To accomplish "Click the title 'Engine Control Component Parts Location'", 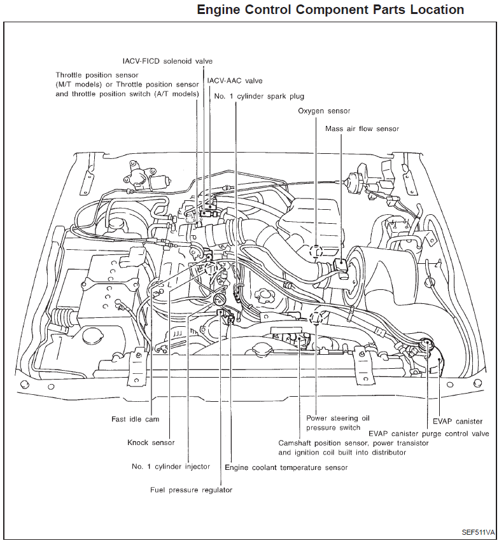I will point(330,10).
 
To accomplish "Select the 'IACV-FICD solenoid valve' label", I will point(167,61).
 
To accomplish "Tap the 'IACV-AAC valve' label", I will point(235,81).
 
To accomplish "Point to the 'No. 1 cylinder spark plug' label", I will point(259,97).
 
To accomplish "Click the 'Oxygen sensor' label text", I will point(324,111).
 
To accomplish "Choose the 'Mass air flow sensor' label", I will point(362,129).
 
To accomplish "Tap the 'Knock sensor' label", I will point(151,443).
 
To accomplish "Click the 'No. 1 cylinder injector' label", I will point(171,467).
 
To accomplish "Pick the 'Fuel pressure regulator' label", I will point(191,490).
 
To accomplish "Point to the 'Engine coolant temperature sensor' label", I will point(286,468).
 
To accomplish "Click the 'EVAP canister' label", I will point(457,421).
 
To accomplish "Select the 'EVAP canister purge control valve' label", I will point(428,434).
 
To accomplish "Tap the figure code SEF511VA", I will point(478,532).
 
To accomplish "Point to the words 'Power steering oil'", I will point(338,418).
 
